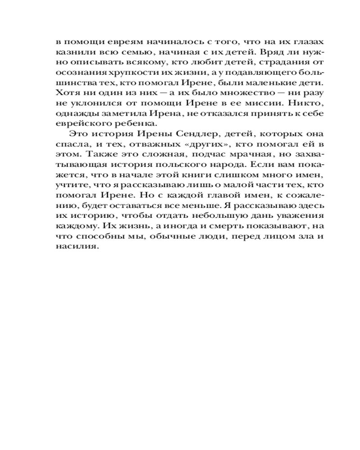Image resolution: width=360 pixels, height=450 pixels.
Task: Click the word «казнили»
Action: (71, 51)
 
